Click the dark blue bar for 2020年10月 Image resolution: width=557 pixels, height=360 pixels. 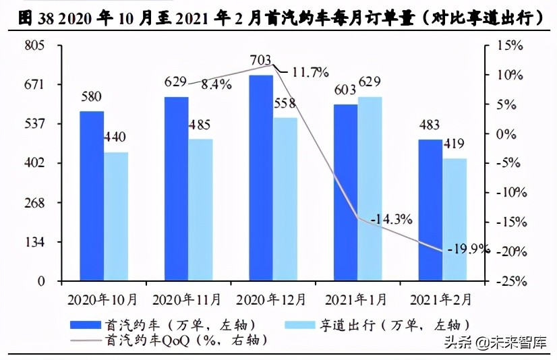click(x=92, y=196)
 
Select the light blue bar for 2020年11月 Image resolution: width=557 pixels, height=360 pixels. click(x=200, y=210)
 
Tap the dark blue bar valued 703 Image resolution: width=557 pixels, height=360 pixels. click(x=261, y=178)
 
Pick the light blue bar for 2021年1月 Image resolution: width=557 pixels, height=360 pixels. click(x=370, y=189)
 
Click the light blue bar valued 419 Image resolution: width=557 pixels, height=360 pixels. click(x=455, y=219)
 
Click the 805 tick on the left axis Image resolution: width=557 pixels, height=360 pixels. click(x=33, y=46)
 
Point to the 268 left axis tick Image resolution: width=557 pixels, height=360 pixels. click(x=33, y=202)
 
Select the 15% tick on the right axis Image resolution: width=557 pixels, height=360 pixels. click(x=510, y=46)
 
